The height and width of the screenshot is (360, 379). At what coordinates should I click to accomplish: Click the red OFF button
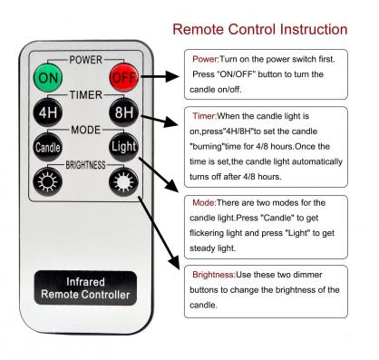122,79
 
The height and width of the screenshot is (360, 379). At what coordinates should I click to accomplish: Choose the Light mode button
122,145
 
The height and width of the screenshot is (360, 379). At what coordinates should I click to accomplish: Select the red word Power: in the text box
208,59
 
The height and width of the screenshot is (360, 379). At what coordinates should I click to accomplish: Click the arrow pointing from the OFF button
160,80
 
